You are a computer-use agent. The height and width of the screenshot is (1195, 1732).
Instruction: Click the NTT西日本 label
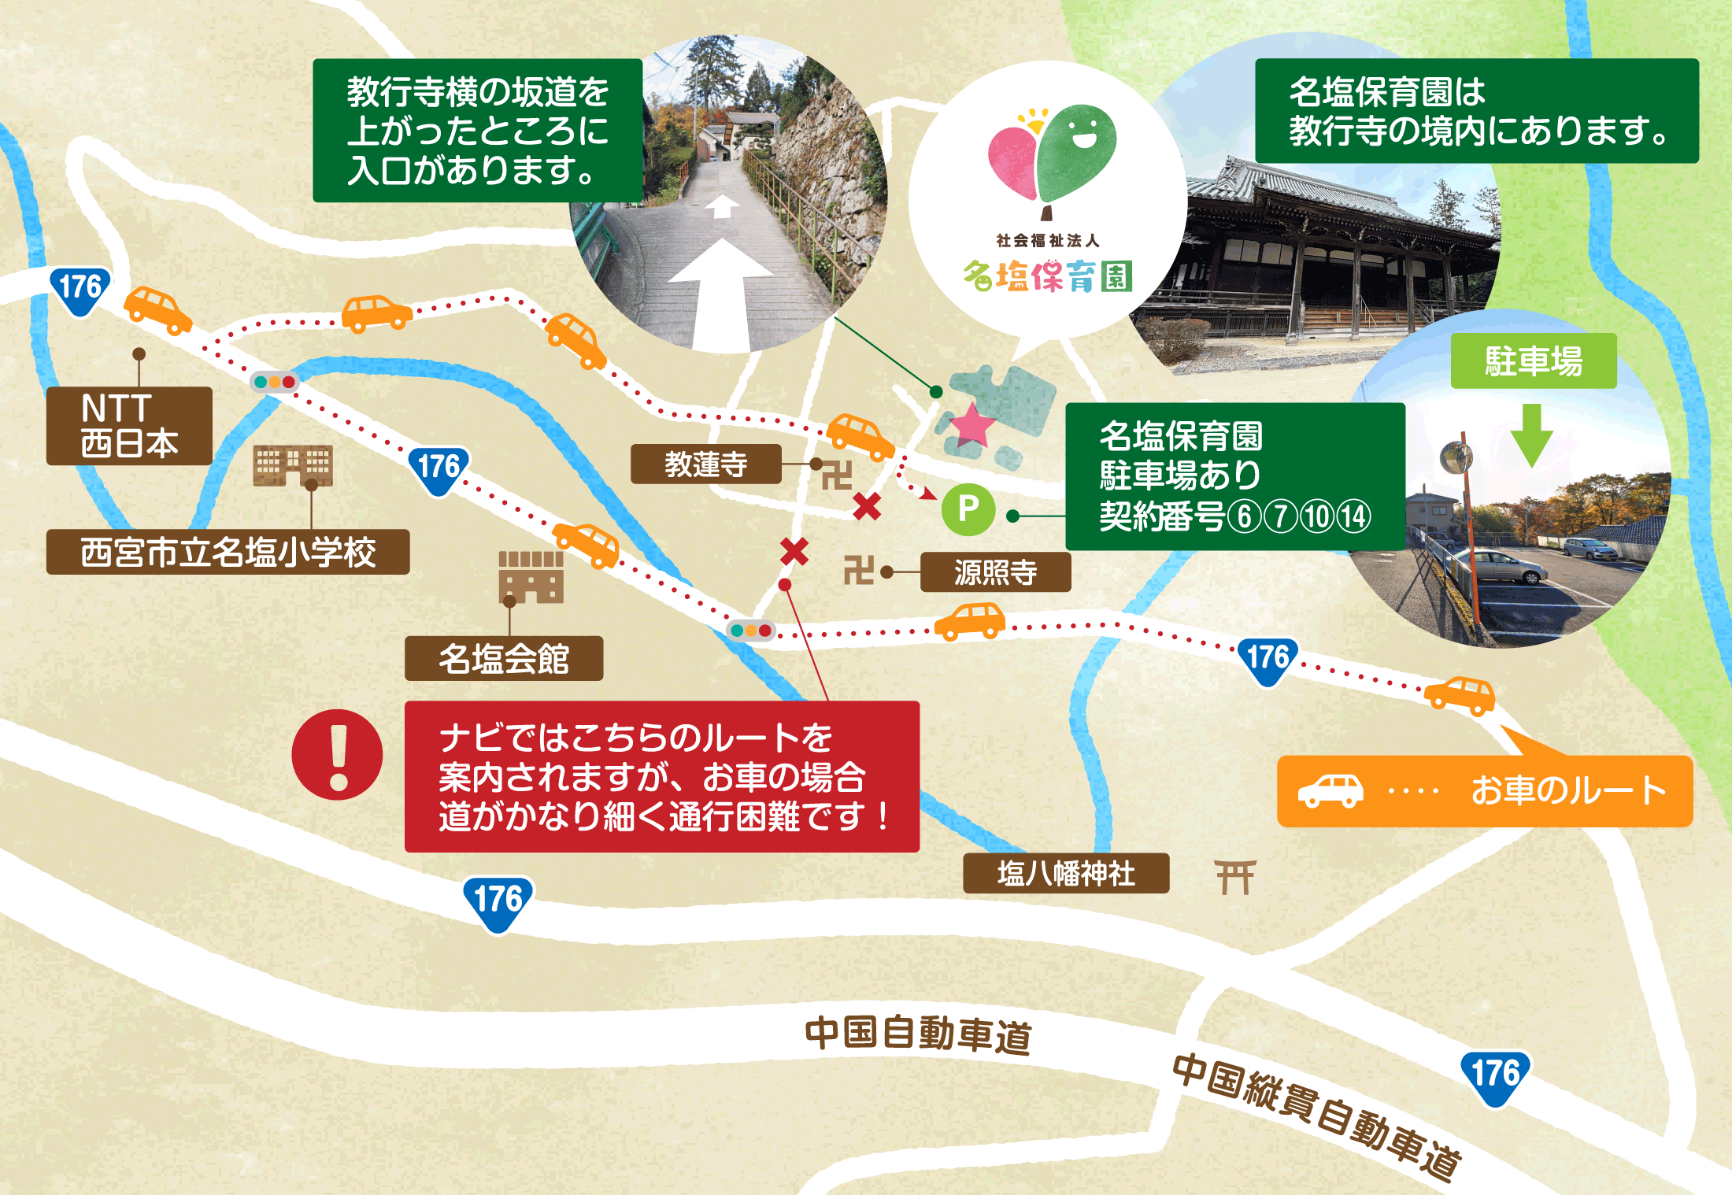(129, 426)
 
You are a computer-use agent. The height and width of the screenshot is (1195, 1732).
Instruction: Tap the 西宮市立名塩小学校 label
(228, 552)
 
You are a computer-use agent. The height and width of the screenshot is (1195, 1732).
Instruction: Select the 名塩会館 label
(504, 659)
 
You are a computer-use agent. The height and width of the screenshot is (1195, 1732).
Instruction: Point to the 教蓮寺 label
(705, 464)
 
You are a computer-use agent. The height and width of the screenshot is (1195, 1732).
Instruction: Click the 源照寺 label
(995, 572)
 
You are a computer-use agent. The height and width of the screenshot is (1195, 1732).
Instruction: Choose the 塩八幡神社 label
(1066, 873)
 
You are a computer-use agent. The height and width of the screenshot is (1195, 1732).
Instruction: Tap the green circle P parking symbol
(968, 509)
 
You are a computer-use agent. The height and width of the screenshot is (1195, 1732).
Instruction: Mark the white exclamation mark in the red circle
(338, 755)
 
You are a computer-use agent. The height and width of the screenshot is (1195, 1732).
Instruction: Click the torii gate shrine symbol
(1234, 877)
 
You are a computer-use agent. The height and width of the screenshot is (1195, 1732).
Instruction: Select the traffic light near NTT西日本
(274, 383)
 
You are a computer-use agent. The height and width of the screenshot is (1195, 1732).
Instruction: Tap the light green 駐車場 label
(1534, 361)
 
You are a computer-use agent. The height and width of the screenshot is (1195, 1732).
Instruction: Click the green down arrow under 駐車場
(1531, 435)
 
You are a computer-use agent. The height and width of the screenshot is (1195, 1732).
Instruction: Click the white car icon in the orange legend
(1330, 791)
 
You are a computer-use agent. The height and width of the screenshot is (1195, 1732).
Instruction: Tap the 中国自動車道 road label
(918, 1034)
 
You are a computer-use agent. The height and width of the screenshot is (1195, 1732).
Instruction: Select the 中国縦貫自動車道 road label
(1316, 1116)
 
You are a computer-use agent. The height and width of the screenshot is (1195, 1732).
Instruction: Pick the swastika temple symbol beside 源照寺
(858, 570)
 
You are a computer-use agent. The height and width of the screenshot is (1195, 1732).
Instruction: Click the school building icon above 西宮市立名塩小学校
(293, 465)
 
